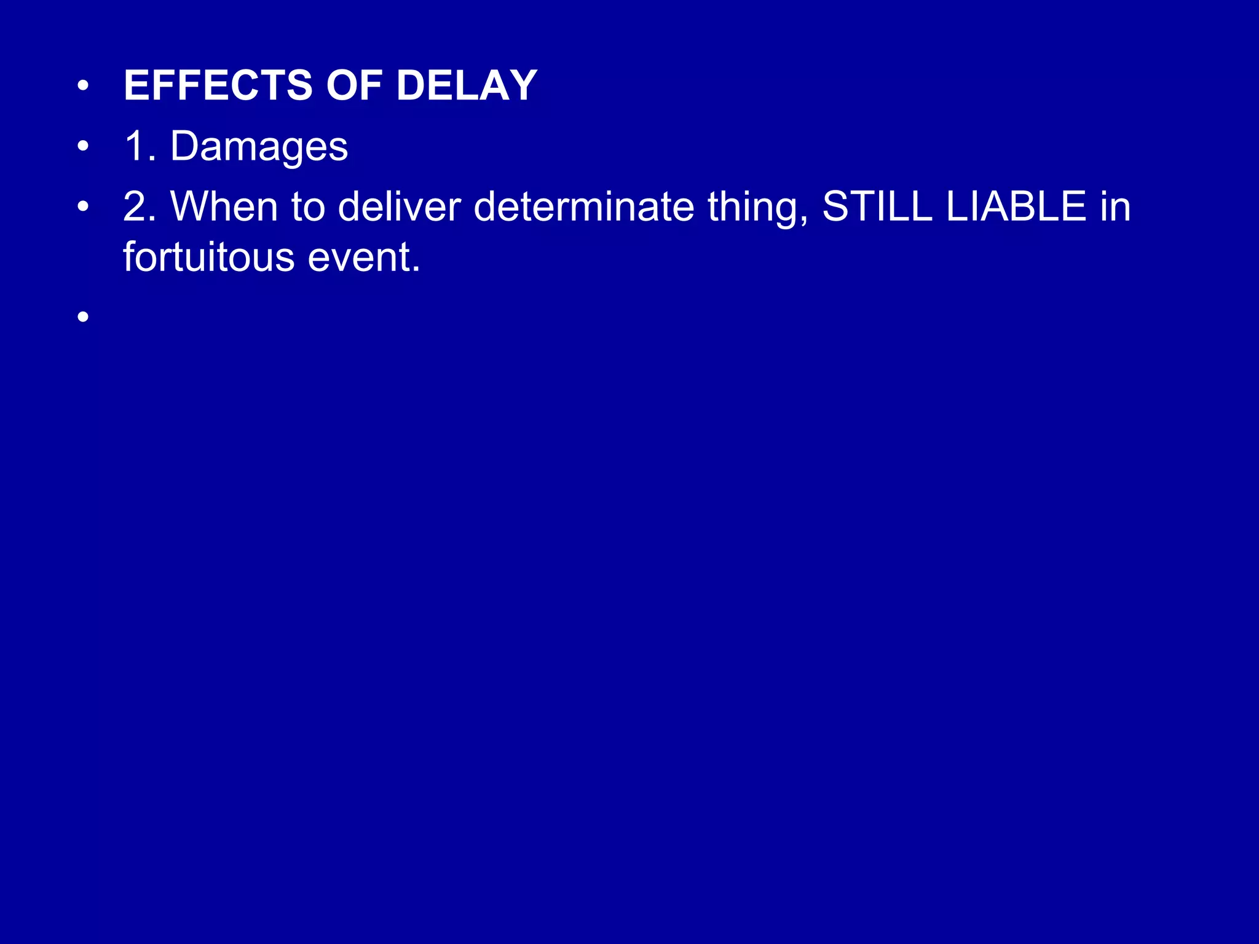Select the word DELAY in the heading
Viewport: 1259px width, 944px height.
pos(467,85)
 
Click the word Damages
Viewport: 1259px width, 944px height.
pos(259,147)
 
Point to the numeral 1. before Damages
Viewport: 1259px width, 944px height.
pos(139,146)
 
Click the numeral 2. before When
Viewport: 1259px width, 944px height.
pos(139,206)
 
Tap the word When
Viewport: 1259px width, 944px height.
pos(224,206)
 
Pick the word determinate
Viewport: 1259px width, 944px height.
pos(583,206)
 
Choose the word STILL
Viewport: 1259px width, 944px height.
pos(877,206)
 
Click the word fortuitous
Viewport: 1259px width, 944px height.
pos(208,257)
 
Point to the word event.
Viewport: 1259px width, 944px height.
pos(363,258)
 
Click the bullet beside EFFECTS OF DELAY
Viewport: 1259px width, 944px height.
pos(84,87)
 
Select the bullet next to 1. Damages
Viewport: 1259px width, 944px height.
pos(84,147)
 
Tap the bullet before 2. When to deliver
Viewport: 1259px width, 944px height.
pos(84,208)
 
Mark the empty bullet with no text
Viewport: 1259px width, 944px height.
pos(84,317)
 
